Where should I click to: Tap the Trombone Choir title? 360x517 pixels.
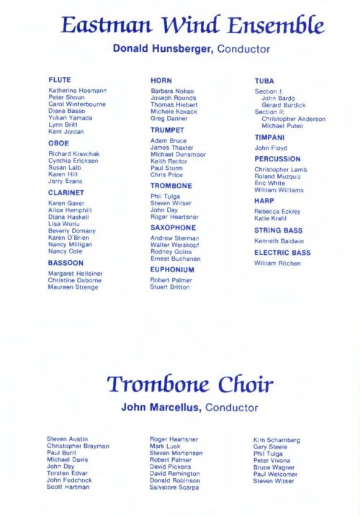[190, 385]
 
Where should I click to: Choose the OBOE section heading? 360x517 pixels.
[58, 143]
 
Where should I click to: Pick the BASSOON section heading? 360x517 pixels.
[66, 264]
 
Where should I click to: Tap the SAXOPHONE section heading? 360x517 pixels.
[173, 227]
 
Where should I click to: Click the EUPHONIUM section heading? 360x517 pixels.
[173, 270]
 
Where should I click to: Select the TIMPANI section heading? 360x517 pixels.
[269, 138]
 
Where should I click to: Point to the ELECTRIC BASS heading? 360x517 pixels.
[282, 253]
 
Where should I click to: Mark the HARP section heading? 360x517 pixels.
[264, 201]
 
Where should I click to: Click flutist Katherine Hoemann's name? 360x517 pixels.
[78, 90]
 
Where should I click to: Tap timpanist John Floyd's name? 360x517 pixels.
[271, 148]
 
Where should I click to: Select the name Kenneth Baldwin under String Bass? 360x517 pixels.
[279, 241]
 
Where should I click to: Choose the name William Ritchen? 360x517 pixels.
[278, 264]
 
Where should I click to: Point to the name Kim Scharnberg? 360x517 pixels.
[276, 440]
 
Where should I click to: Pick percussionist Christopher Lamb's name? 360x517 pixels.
[280, 170]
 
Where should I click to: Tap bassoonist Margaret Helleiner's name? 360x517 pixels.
[76, 274]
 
